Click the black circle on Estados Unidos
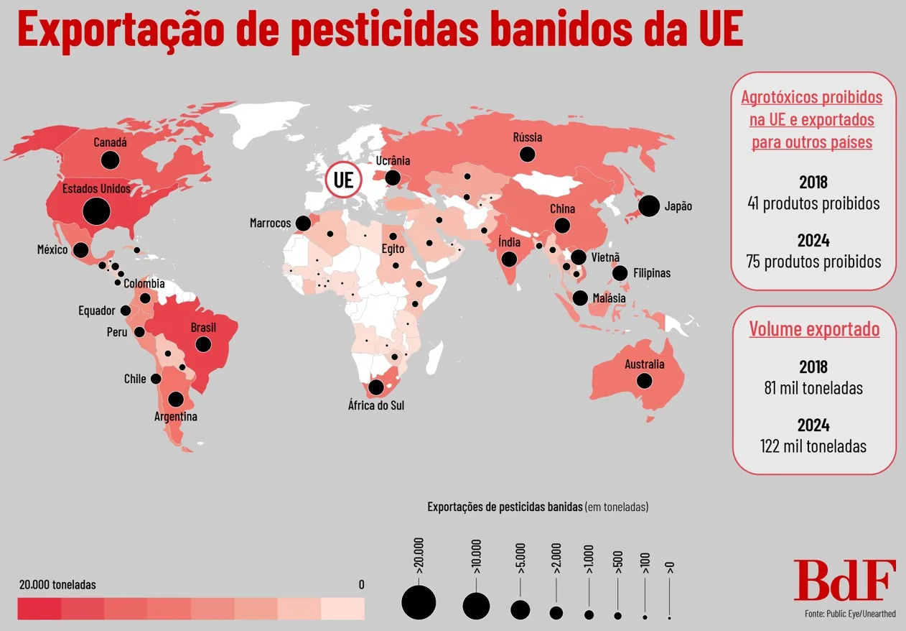[x=96, y=211]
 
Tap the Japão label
[x=678, y=206]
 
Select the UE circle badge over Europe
[x=343, y=180]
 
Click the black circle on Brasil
[x=203, y=344]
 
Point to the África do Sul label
[x=376, y=405]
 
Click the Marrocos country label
[x=270, y=223]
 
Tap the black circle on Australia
[x=644, y=380]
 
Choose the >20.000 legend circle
[x=419, y=602]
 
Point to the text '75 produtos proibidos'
[x=813, y=261]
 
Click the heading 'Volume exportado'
[x=814, y=329]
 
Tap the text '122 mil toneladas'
[x=813, y=446]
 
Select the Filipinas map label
[x=652, y=273]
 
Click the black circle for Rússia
[x=528, y=153]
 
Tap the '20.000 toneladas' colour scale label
[x=57, y=584]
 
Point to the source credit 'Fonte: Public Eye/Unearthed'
[x=850, y=614]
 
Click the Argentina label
[x=175, y=416]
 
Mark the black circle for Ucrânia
[x=393, y=177]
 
